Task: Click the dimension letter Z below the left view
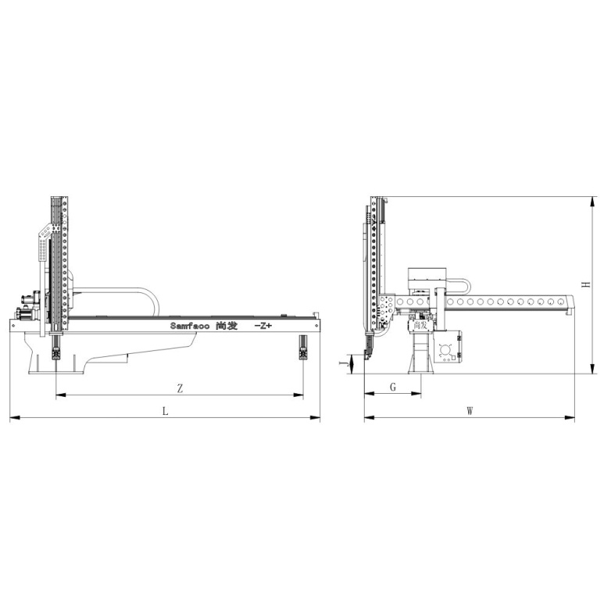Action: tap(180, 388)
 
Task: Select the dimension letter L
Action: tap(165, 411)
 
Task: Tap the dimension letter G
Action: tap(393, 387)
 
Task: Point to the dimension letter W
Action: tap(470, 411)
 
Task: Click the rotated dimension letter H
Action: tap(587, 284)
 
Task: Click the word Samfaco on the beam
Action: tap(190, 326)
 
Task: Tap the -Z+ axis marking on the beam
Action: tap(263, 326)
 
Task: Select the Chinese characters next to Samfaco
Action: tap(227, 326)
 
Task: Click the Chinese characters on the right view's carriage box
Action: tap(420, 325)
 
